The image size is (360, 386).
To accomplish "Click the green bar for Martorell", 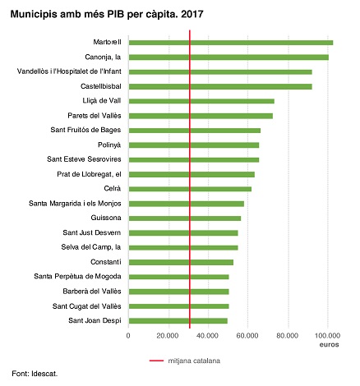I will coord(231,43).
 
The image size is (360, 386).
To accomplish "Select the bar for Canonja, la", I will coord(228,57).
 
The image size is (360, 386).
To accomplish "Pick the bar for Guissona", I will coord(185,218).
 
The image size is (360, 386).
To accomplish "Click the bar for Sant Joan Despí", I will coord(178,320).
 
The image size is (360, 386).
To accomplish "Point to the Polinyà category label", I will coord(108,145).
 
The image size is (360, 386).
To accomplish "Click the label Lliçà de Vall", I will coord(99,101).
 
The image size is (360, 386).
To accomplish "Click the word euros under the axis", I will coord(328,345).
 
